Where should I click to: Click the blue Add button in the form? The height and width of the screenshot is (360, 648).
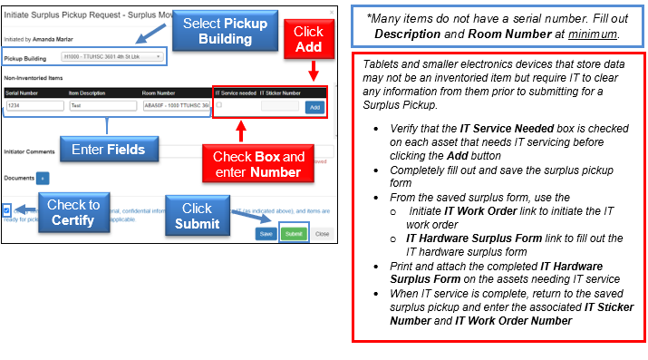tap(314, 107)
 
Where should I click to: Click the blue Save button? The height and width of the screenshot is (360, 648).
tap(266, 233)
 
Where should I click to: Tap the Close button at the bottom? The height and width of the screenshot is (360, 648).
tap(322, 233)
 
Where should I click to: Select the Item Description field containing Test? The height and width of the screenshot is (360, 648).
tap(102, 106)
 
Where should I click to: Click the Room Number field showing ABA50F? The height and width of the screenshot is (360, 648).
tap(176, 106)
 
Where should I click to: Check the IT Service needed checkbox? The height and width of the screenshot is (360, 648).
tap(218, 105)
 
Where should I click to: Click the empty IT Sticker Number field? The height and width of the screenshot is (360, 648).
tap(279, 106)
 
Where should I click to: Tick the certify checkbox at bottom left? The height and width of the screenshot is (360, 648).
tap(7, 210)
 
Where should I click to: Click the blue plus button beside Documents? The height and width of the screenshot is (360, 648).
tap(43, 179)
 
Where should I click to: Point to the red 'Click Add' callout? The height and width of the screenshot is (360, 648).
tap(308, 37)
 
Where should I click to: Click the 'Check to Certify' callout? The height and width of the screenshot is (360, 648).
tap(74, 212)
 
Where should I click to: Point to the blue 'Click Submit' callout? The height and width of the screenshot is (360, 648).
tap(197, 216)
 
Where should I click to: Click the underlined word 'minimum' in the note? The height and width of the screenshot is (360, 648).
tap(593, 34)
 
